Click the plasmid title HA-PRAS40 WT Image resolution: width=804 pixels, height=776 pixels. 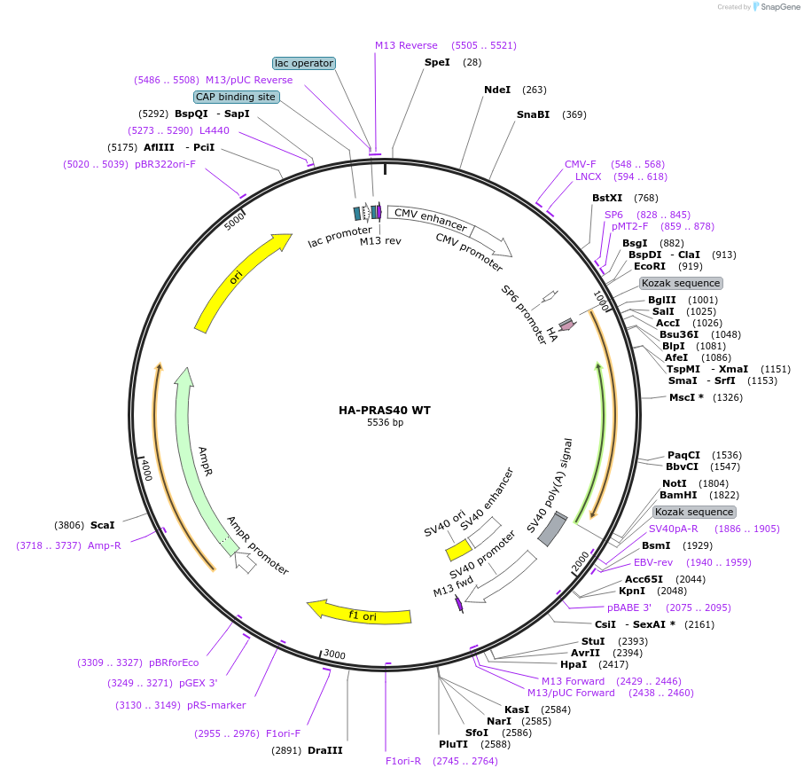pos(385,411)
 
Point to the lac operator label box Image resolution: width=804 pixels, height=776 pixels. pos(304,63)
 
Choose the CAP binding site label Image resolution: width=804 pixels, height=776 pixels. pos(236,97)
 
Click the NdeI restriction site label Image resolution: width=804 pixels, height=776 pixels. pos(497,90)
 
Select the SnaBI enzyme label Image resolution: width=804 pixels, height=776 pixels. pos(533,114)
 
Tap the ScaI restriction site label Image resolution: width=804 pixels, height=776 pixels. pos(103,525)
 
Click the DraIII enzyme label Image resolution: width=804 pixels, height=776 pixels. pos(324,750)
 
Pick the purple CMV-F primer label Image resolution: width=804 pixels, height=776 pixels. pos(581,164)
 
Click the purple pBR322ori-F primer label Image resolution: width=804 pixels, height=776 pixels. pos(165,164)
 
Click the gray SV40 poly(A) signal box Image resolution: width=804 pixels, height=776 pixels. pos(553,529)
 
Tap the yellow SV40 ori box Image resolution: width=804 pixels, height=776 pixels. pos(458,551)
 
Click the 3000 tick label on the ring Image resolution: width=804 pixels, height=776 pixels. pos(334,655)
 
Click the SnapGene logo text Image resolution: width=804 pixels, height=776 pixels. pos(777,7)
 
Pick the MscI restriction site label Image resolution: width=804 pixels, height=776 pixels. pos(686,397)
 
